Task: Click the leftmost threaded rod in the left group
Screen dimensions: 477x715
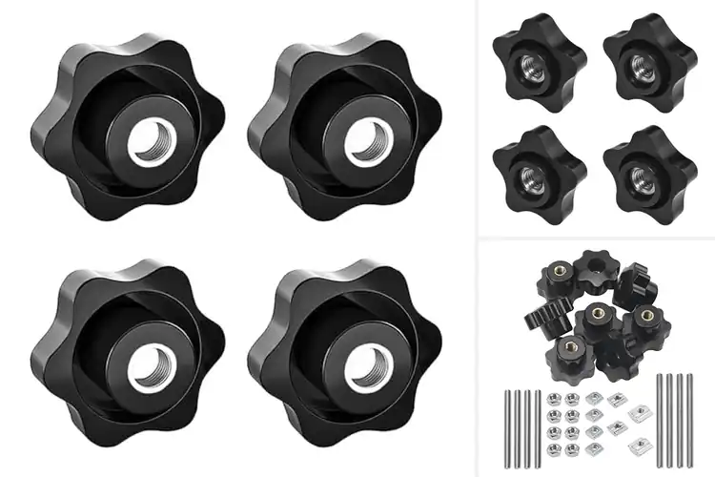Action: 507,429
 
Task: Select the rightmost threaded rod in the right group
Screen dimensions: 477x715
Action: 690,420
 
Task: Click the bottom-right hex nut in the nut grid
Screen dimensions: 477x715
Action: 571,448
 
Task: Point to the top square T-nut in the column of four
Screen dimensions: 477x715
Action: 594,398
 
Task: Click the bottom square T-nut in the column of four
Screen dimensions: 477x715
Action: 594,447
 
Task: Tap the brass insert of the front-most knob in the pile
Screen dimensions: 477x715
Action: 571,345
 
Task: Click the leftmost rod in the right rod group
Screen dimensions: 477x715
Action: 659,420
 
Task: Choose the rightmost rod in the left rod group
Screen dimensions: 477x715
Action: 538,429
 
